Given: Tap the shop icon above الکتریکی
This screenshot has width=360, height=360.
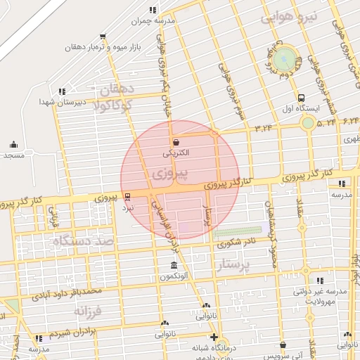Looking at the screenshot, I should point(175,142).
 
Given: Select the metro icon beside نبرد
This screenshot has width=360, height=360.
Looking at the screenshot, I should point(127,198).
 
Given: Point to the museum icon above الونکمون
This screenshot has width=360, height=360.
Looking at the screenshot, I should point(174,266).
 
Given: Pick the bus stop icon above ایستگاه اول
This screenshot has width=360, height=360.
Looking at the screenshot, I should point(302,98).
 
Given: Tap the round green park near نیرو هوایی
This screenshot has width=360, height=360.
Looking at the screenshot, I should point(285,58).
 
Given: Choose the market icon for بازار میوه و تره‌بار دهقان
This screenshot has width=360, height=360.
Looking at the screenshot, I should point(103,37).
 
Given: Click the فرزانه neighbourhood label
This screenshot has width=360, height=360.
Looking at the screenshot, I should point(89,310).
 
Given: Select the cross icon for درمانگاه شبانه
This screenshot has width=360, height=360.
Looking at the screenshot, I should point(214,336).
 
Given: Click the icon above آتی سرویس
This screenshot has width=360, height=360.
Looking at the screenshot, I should point(283,345).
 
